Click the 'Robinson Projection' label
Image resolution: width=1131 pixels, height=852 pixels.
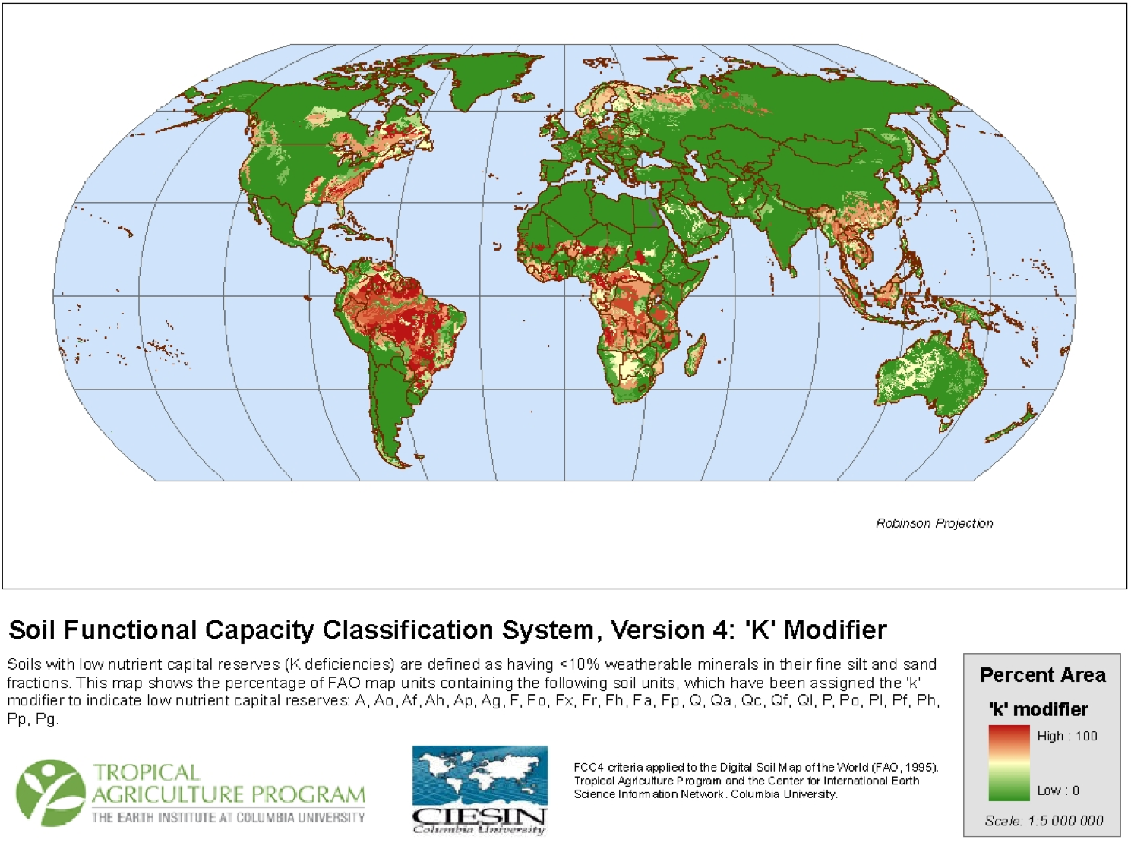click(934, 523)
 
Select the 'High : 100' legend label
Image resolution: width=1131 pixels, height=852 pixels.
click(1066, 736)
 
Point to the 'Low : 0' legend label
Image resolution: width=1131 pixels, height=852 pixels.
click(1058, 790)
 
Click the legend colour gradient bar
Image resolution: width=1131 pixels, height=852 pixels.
click(1009, 763)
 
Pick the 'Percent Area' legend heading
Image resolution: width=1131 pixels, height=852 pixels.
click(1042, 675)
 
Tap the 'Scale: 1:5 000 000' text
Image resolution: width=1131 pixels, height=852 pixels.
click(1044, 821)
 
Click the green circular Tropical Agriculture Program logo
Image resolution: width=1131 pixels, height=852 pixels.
click(49, 793)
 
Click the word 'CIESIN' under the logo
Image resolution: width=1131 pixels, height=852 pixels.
click(479, 817)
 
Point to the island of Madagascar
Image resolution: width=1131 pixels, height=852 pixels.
click(694, 357)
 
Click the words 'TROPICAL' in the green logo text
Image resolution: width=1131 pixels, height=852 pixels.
click(146, 773)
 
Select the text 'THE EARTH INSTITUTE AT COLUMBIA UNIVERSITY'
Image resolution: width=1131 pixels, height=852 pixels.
click(228, 818)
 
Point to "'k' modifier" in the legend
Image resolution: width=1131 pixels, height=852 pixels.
click(1038, 709)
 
